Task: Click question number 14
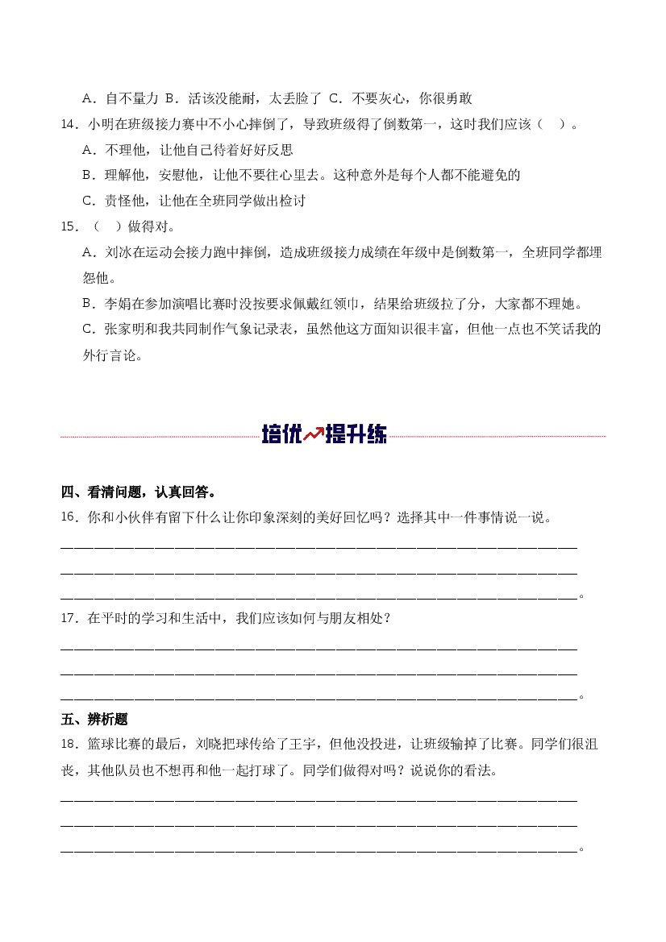pyautogui.click(x=69, y=124)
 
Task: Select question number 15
pyautogui.click(x=69, y=226)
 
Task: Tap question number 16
pyautogui.click(x=69, y=517)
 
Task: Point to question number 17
pyautogui.click(x=69, y=618)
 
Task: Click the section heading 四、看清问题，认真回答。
pyautogui.click(x=138, y=492)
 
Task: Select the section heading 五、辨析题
pyautogui.click(x=94, y=720)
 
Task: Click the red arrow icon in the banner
pyautogui.click(x=313, y=435)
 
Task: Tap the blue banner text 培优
pyautogui.click(x=281, y=435)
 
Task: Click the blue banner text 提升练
pyautogui.click(x=356, y=435)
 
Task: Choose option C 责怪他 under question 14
pyautogui.click(x=194, y=201)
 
